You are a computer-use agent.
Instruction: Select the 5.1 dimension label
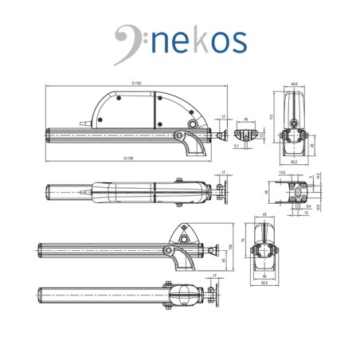[226, 146]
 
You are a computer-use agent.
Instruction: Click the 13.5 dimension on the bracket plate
[282, 171]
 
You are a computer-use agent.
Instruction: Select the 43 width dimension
[264, 215]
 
